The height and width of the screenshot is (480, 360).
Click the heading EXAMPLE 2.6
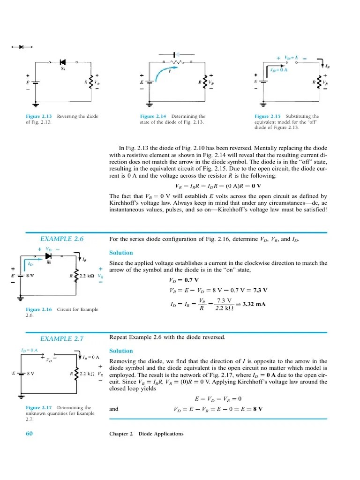(62, 239)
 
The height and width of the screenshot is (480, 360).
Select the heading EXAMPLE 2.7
(62, 338)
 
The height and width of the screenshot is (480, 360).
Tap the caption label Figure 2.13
(39, 116)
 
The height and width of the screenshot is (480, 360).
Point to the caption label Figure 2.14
(153, 116)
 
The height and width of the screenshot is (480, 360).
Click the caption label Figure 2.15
(268, 116)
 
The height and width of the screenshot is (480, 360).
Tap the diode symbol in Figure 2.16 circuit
(49, 256)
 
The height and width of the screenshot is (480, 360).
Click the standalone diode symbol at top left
(21, 47)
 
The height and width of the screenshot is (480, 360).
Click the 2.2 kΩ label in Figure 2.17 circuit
(87, 374)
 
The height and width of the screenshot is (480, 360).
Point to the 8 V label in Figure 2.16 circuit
(29, 276)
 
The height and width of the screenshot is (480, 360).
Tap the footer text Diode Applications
(160, 434)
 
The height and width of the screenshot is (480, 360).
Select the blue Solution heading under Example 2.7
(121, 351)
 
